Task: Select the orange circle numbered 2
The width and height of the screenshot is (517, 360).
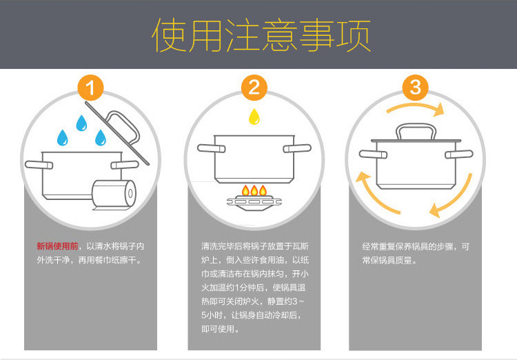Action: (x=254, y=88)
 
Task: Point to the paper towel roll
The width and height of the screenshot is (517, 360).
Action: (x=114, y=196)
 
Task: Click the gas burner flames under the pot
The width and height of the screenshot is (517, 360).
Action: (x=254, y=189)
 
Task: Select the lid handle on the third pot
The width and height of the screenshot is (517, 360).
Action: (x=414, y=131)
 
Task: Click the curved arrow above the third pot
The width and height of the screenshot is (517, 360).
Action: (x=414, y=109)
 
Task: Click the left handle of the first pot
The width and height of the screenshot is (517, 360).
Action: (x=35, y=165)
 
